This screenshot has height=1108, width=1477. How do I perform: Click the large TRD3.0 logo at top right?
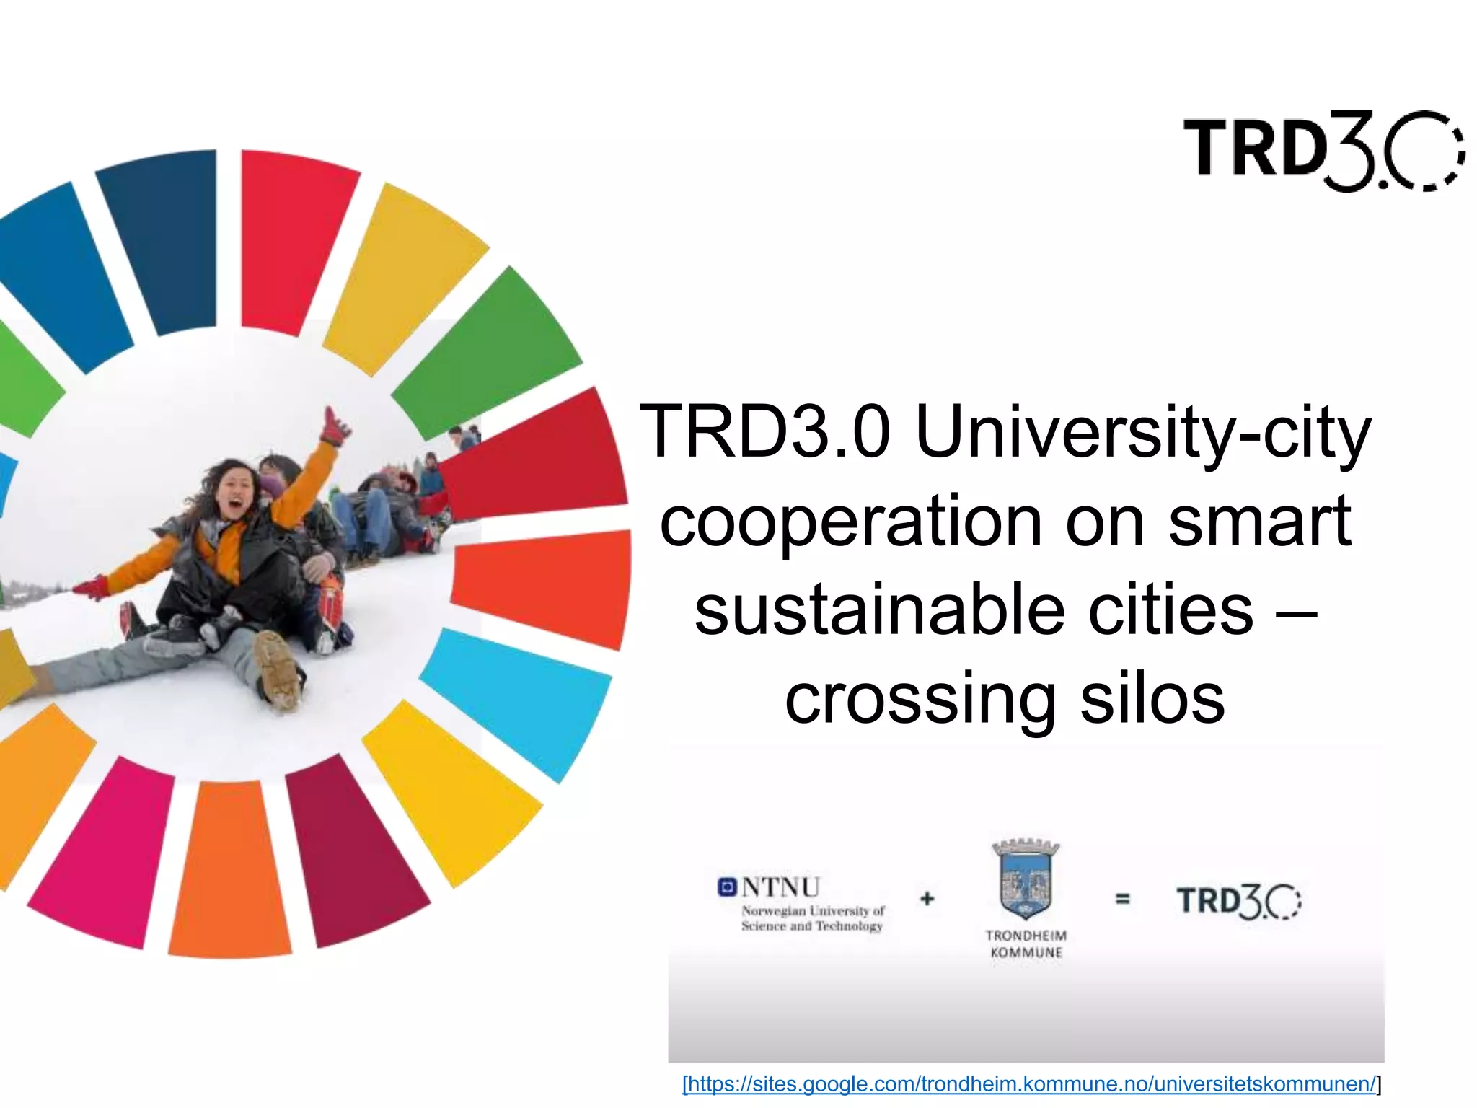[1323, 151]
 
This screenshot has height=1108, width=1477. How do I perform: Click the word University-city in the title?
[1142, 433]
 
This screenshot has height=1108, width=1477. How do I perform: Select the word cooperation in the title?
[851, 522]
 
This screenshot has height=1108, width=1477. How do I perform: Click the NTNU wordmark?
[780, 887]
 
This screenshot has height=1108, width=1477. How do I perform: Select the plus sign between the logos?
[927, 899]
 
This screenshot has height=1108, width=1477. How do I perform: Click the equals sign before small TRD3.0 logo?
[1122, 899]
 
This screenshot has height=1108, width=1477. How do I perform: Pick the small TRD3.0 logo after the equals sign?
[1238, 902]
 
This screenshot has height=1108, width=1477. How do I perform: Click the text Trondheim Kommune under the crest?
[1026, 944]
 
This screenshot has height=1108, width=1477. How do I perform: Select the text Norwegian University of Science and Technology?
[813, 918]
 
